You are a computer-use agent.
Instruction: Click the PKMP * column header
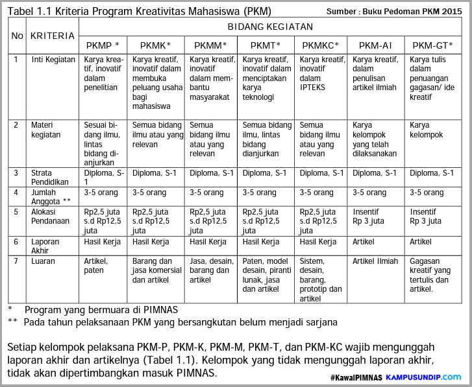pyautogui.click(x=103, y=45)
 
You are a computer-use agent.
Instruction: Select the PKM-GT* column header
pyautogui.click(x=432, y=45)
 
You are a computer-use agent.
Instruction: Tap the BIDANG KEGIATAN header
pyautogui.click(x=270, y=27)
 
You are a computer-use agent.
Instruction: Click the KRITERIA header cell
pyautogui.click(x=53, y=36)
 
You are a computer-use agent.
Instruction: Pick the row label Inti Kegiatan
pyautogui.click(x=53, y=60)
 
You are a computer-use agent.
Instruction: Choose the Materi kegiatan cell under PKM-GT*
pyautogui.click(x=429, y=130)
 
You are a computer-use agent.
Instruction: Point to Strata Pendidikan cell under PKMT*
pyautogui.click(x=264, y=173)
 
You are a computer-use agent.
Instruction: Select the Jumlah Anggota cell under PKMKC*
pyautogui.click(x=318, y=193)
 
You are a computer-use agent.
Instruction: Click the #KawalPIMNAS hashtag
pyautogui.click(x=356, y=377)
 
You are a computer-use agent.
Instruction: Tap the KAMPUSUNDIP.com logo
pyautogui.click(x=423, y=377)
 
